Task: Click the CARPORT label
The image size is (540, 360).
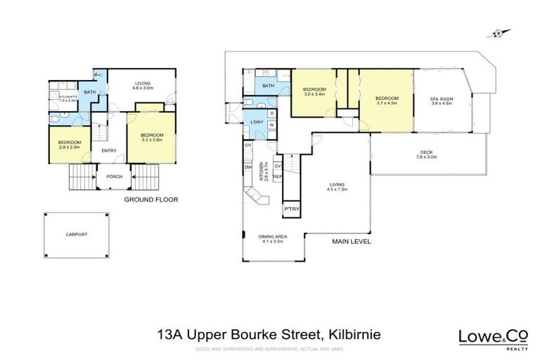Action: click(x=77, y=233)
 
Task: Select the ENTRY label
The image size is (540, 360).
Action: click(x=109, y=150)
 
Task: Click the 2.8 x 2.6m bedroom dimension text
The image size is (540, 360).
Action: click(x=70, y=146)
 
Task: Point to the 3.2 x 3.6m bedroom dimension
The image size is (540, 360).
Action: click(x=151, y=139)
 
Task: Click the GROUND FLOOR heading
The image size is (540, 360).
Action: click(x=150, y=200)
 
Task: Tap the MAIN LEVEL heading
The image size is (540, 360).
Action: click(x=352, y=241)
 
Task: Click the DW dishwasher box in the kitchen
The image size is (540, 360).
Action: click(x=248, y=167)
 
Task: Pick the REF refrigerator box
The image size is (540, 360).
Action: click(x=277, y=177)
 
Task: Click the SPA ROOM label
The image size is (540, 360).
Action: click(x=439, y=99)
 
